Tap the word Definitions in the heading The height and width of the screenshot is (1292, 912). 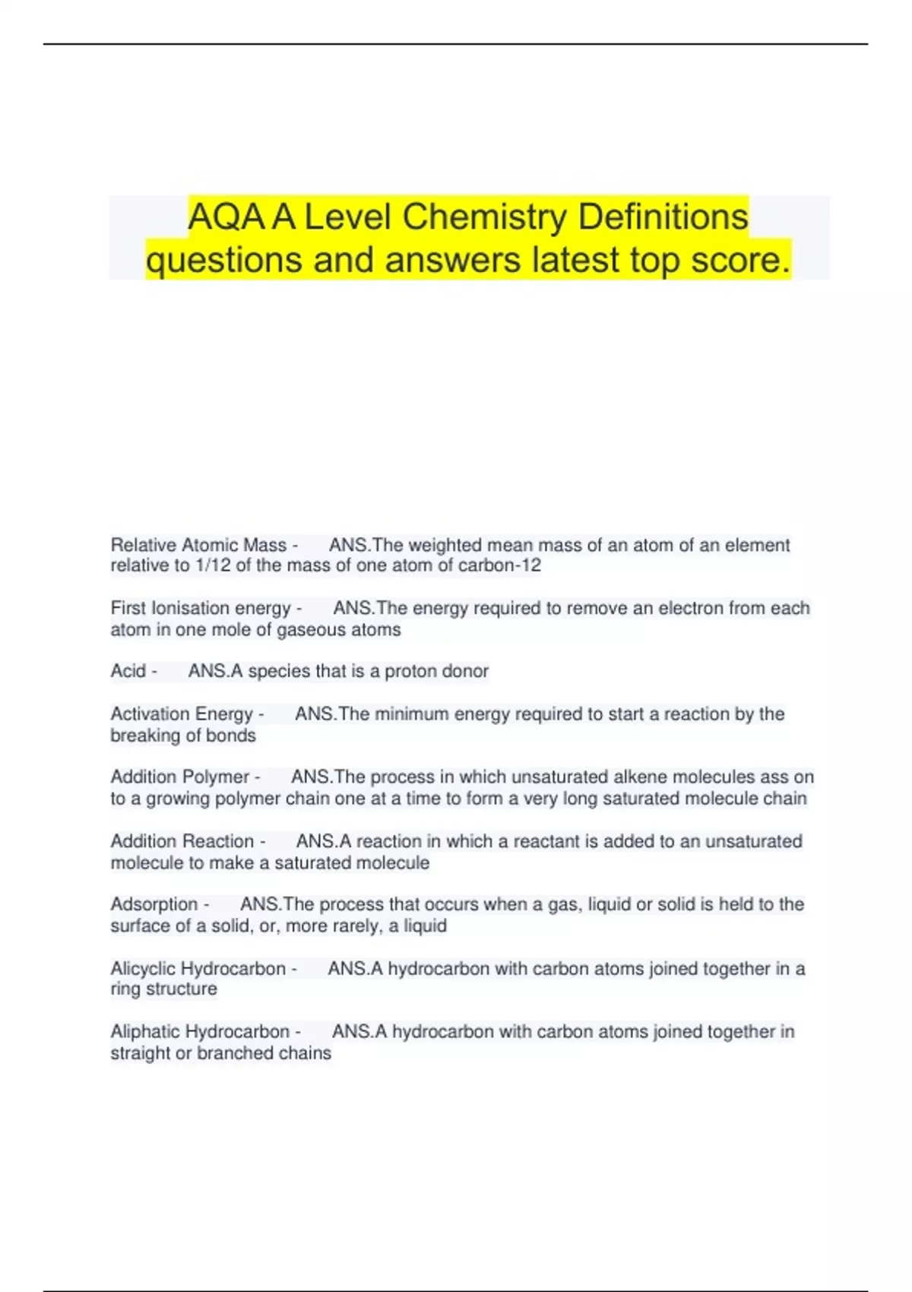tap(663, 217)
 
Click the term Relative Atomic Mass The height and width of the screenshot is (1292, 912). tap(198, 545)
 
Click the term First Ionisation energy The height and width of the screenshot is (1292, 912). tap(201, 608)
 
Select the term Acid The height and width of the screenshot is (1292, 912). tap(128, 671)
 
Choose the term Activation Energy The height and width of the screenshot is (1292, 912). tap(182, 714)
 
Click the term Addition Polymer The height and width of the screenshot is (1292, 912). tap(179, 777)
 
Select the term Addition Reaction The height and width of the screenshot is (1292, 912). tap(182, 841)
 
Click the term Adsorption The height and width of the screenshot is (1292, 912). tap(154, 904)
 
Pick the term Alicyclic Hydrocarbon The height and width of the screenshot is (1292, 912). tap(198, 968)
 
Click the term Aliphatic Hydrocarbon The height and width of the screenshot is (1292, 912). tap(200, 1031)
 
